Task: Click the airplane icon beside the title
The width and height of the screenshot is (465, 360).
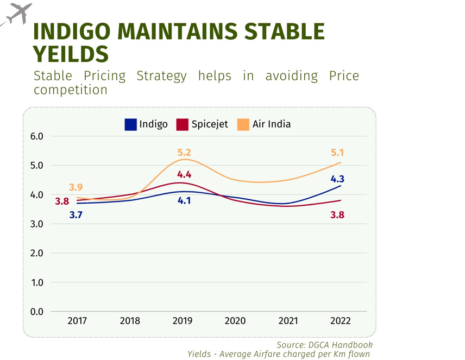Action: (x=17, y=14)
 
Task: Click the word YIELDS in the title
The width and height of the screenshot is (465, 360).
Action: (x=71, y=54)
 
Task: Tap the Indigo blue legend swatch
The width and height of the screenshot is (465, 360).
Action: (x=130, y=124)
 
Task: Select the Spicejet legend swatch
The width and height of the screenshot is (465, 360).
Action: (x=182, y=124)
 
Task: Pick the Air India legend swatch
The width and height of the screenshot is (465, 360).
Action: (x=243, y=124)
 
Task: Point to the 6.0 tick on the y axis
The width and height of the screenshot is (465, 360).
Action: (x=37, y=136)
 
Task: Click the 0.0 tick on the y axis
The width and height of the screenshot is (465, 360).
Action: (x=37, y=312)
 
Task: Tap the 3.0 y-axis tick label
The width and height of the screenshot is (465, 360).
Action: (x=37, y=224)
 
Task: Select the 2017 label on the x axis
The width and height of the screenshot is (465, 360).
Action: (x=77, y=321)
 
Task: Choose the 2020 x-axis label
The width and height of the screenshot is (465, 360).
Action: (x=235, y=321)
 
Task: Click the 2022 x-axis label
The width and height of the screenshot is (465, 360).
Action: (x=341, y=321)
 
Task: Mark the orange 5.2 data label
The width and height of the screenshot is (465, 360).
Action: (x=185, y=153)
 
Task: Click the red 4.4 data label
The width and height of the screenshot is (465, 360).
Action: (x=185, y=175)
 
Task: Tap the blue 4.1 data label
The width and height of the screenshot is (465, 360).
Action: (x=185, y=201)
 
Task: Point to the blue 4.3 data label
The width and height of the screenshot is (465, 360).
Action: (x=337, y=179)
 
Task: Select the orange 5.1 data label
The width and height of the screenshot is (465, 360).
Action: (x=337, y=153)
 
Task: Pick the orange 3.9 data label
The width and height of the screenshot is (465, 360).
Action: (x=76, y=188)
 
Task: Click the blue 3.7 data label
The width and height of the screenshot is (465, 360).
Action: (x=76, y=216)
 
